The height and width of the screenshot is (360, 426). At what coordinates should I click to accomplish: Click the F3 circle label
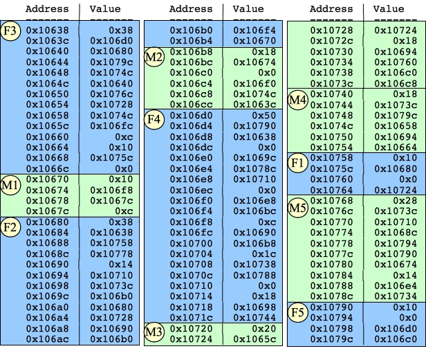pos(10,33)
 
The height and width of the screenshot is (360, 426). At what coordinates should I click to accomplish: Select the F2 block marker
pos(10,227)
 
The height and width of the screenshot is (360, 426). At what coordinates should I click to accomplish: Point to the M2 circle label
pos(154,57)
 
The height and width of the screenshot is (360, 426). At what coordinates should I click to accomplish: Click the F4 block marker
pos(154,119)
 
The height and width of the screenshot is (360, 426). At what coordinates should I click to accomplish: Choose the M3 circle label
pos(154,333)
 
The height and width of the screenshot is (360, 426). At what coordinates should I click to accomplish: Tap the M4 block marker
pos(297,99)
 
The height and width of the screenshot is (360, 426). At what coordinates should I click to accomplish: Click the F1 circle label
pos(297,163)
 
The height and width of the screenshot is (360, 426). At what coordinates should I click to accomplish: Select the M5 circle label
pos(297,206)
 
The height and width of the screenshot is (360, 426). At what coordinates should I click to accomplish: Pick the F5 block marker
pos(297,312)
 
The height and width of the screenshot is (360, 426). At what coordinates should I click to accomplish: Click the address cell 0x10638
pos(47,31)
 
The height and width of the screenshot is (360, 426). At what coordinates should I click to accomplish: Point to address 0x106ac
pos(47,339)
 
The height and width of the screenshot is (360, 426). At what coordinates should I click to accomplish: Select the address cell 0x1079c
pos(331,339)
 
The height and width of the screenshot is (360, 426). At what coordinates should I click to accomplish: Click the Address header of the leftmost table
pos(47,9)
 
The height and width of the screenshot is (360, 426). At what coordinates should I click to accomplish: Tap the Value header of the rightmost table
pos(389,9)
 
